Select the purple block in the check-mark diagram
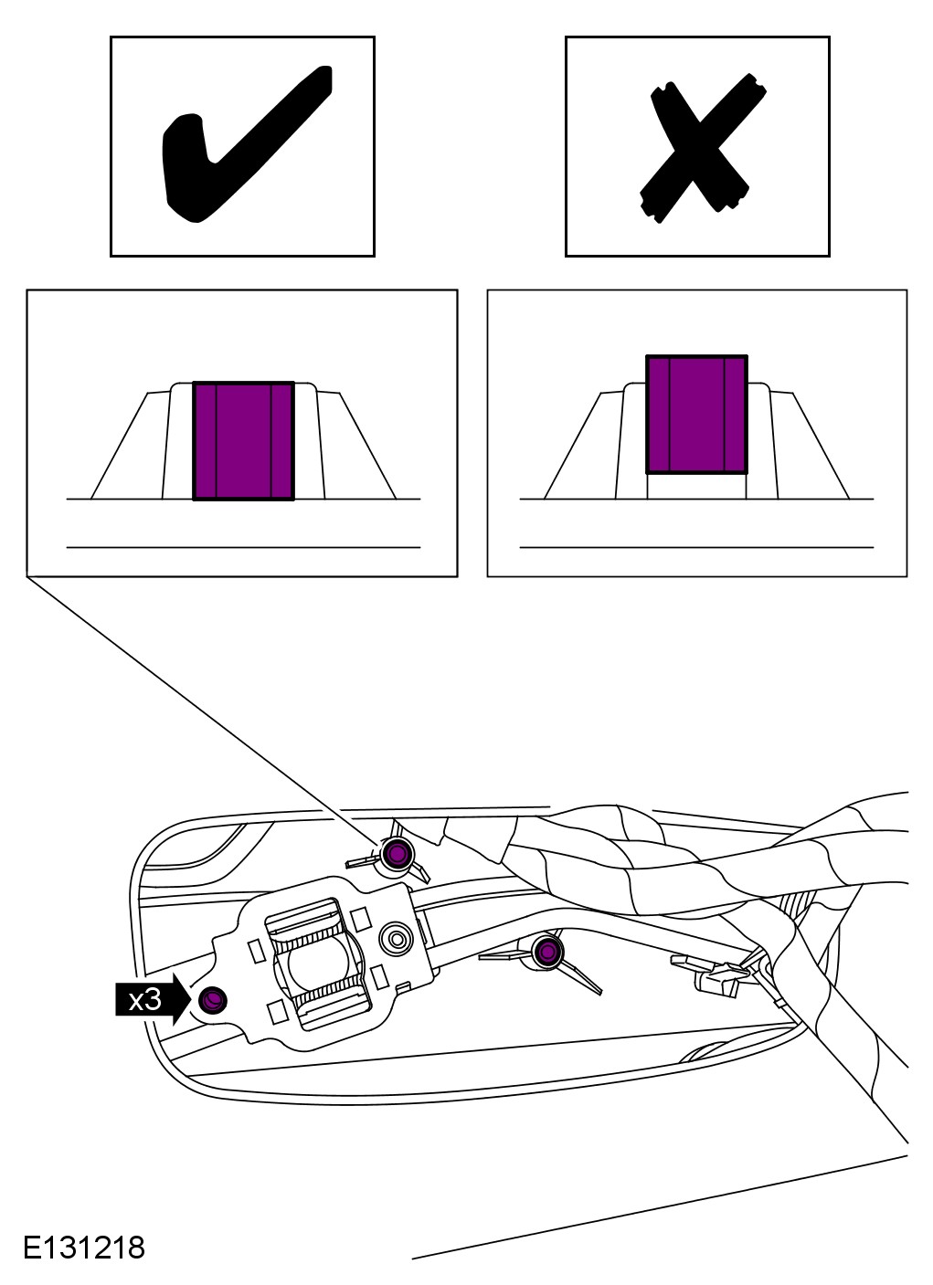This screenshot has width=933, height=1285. pos(243,440)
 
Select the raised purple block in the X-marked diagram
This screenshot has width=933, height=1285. pos(696,415)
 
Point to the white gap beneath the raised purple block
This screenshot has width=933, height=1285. pos(696,486)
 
